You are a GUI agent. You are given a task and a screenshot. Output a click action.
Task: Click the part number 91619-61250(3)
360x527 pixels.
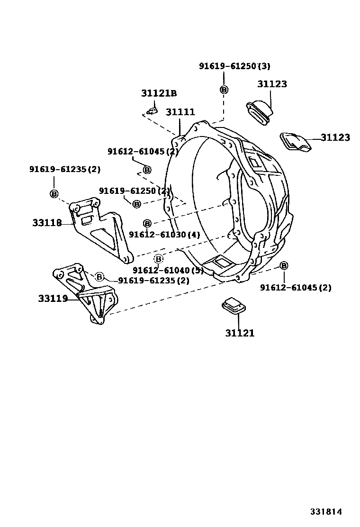pos(234,66)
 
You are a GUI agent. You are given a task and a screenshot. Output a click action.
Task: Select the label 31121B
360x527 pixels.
pos(158,93)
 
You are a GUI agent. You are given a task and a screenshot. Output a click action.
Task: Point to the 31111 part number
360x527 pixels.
pos(180,112)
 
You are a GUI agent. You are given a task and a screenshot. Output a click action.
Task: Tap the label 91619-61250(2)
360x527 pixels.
pos(134,191)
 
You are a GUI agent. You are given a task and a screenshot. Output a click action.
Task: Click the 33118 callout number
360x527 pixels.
pos(47,222)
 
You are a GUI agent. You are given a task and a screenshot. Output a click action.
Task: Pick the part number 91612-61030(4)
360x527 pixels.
pos(164,235)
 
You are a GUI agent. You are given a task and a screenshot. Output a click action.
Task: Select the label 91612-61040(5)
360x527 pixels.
pos(168,270)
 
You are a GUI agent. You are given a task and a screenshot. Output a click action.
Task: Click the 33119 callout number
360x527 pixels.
pos(53,299)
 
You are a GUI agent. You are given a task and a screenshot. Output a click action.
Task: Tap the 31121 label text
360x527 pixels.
pos(240,333)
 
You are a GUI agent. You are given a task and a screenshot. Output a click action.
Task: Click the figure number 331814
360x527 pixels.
pos(326,512)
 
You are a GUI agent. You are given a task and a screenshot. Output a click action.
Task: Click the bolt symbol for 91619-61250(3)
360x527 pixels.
pos(224,90)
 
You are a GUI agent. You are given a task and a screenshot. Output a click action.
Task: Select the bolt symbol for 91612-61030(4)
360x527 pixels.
pos(147,223)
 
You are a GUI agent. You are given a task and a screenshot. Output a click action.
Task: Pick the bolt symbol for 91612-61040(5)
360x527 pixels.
pos(159,259)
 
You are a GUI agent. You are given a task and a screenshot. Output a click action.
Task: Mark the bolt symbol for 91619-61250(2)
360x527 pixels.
pos(136,204)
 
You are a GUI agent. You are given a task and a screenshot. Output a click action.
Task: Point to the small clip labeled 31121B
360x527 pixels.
pos(152,111)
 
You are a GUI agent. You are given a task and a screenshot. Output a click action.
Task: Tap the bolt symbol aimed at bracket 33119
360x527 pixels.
pos(99,277)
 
